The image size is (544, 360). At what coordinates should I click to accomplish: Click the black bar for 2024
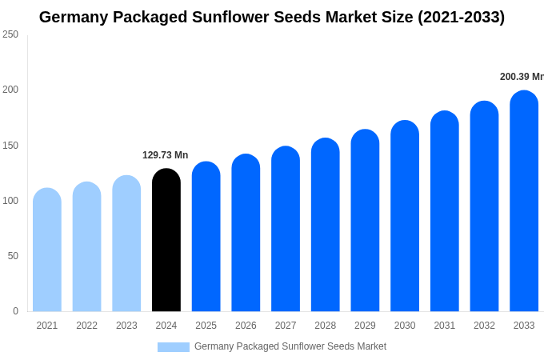166,240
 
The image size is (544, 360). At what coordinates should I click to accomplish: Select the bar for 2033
524,201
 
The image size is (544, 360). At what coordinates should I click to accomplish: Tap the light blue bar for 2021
47,250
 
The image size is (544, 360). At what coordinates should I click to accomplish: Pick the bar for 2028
326,225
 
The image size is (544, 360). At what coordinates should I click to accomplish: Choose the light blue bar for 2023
126,243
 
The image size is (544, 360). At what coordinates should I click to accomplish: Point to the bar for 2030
405,216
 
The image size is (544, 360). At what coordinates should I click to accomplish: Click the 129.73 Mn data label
166,155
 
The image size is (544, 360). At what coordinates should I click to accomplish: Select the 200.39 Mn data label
522,77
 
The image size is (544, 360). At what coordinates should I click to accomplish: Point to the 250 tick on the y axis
10,34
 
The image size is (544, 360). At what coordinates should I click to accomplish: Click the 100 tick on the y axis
10,201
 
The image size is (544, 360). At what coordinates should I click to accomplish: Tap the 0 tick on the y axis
15,311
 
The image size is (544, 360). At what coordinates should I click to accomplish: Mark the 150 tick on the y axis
10,146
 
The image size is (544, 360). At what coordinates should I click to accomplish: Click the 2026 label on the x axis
246,326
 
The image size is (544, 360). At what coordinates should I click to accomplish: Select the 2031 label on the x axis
445,326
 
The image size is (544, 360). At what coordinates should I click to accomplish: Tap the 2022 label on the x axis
86,326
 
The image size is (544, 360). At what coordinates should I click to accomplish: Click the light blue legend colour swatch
174,347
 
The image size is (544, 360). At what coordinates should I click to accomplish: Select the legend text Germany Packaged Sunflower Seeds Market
290,346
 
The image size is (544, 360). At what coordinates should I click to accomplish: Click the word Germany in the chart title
74,17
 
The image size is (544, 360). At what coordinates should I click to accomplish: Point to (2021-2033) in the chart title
461,17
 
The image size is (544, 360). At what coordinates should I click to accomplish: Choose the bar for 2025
206,237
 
